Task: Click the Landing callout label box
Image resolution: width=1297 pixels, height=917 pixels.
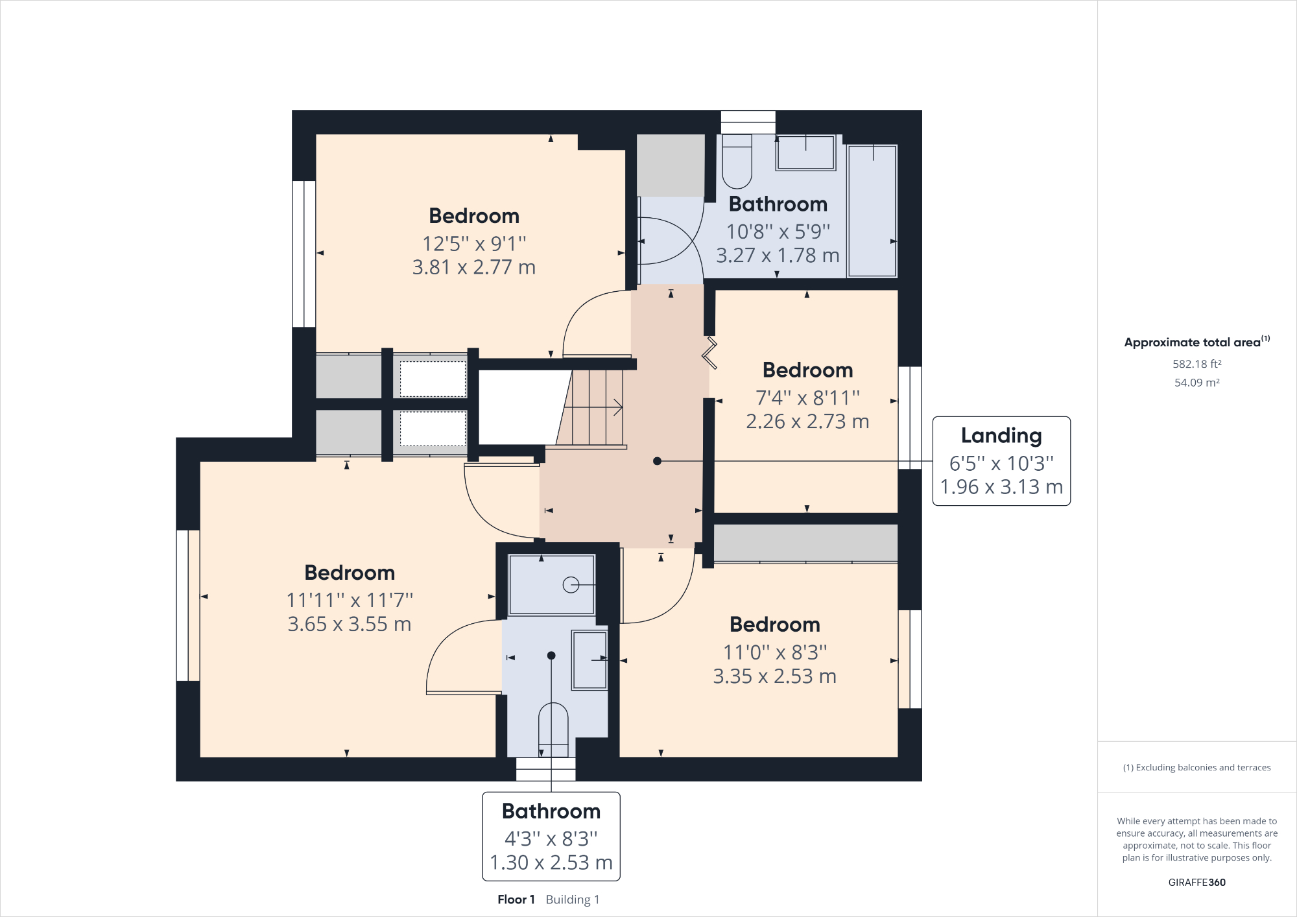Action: (1001, 461)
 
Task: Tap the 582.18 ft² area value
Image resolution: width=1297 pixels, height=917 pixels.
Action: (1196, 364)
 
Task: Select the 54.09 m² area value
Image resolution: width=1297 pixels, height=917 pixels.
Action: (1196, 383)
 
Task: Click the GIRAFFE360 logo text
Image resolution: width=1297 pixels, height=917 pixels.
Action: (1196, 882)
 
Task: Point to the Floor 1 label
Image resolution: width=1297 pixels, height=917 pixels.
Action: (516, 899)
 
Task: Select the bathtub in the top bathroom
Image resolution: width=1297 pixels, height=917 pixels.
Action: (872, 211)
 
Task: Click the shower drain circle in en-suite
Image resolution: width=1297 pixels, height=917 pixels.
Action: (571, 585)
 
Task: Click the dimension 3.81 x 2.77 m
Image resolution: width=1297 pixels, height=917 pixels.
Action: (474, 267)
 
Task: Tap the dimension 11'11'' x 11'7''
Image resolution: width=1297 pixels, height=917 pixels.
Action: (350, 600)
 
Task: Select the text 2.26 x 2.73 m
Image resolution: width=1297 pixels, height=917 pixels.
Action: (807, 422)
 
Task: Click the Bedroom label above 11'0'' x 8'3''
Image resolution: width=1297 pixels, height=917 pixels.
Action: (775, 625)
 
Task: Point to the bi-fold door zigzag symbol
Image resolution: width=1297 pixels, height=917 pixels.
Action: (709, 353)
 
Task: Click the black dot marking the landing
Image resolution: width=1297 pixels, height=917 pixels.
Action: (657, 461)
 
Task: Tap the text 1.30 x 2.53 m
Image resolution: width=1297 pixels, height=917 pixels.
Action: (551, 863)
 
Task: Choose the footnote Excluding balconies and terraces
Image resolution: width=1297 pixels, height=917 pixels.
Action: (1196, 767)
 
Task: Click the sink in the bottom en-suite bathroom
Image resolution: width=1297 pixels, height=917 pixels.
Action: (589, 660)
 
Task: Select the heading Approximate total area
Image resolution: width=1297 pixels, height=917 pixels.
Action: (1193, 342)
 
